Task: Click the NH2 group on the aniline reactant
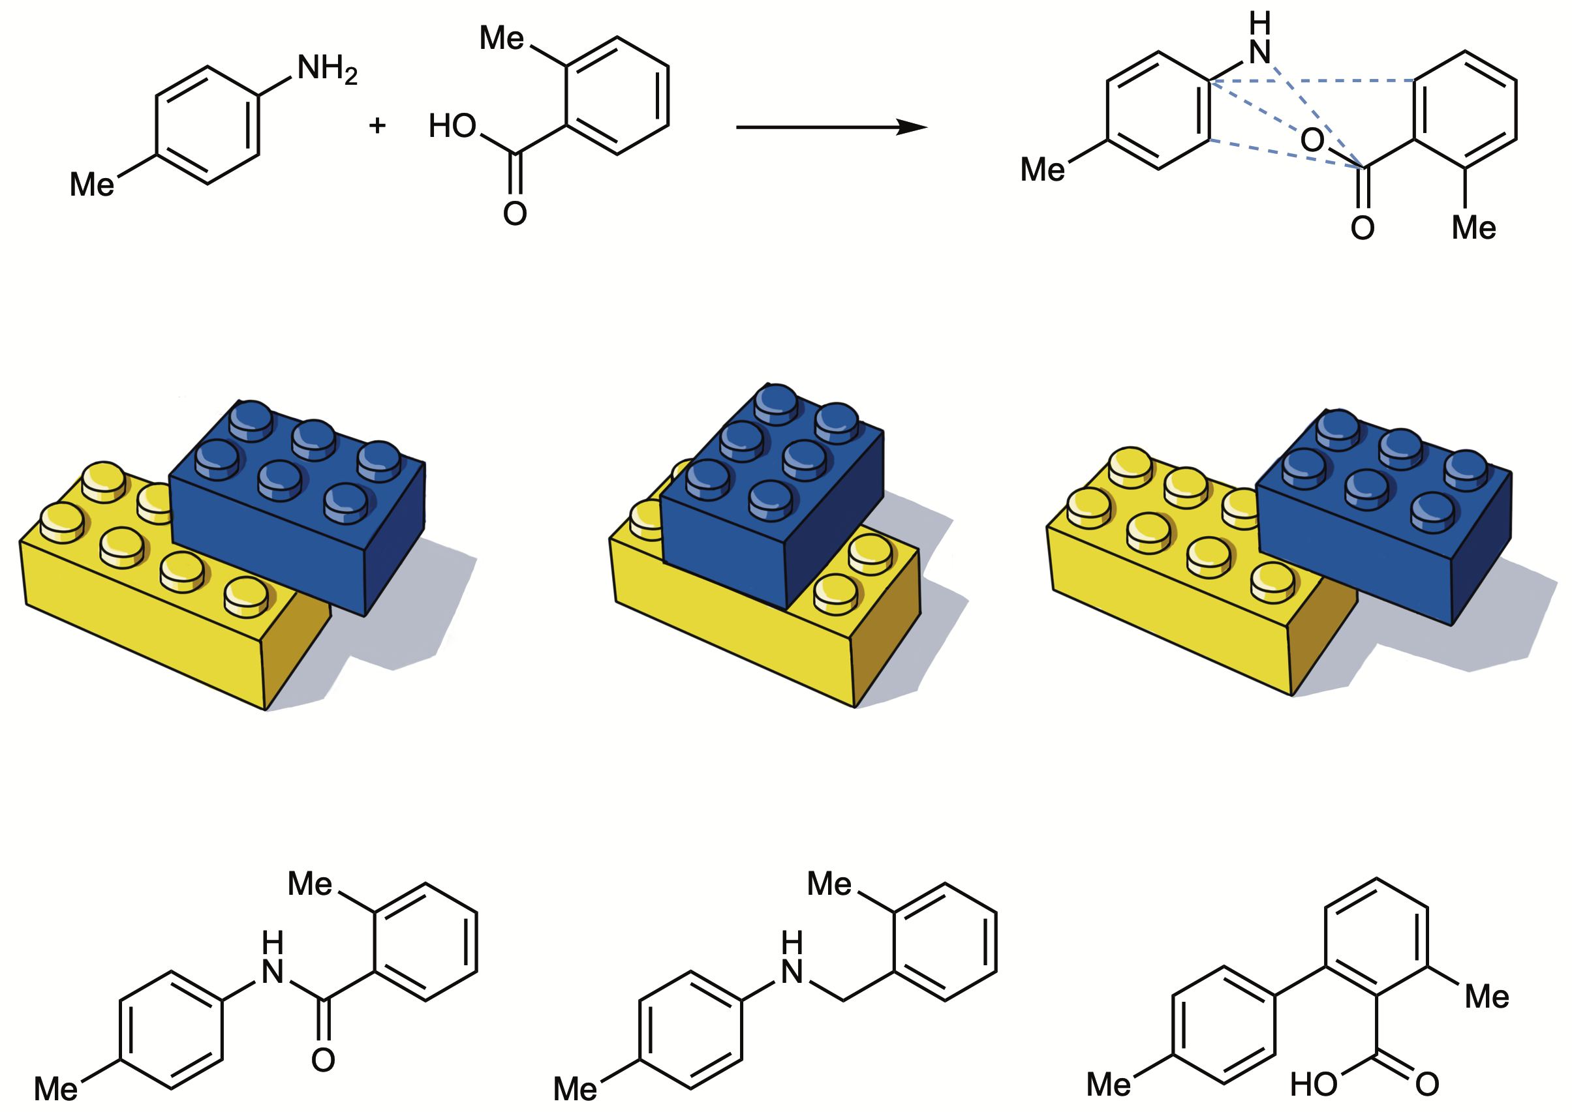click(x=328, y=70)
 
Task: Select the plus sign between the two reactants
click(x=377, y=125)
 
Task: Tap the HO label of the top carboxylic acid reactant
click(x=452, y=126)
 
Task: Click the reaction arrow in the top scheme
click(x=831, y=127)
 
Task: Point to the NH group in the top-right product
click(x=1259, y=39)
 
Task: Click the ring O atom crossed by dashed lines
click(x=1312, y=140)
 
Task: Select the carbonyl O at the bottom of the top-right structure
click(x=1363, y=228)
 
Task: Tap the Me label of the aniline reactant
click(x=92, y=184)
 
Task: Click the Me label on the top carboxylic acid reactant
click(x=501, y=38)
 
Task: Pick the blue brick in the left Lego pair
click(x=298, y=507)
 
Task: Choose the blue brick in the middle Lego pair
click(x=772, y=496)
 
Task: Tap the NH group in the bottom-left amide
click(x=273, y=958)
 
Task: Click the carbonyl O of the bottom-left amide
click(x=323, y=1060)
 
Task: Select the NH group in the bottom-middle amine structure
click(x=792, y=958)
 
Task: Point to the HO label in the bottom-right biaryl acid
click(x=1313, y=1085)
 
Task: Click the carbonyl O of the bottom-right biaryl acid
click(x=1428, y=1085)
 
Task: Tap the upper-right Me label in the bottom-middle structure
click(x=829, y=884)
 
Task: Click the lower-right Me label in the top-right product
click(x=1474, y=228)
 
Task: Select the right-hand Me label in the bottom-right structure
click(x=1487, y=997)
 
